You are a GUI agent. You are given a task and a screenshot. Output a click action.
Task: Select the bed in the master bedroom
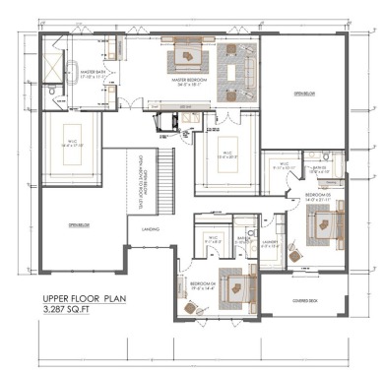point(187,56)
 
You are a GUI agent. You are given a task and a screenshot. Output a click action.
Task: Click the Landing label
point(152,229)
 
